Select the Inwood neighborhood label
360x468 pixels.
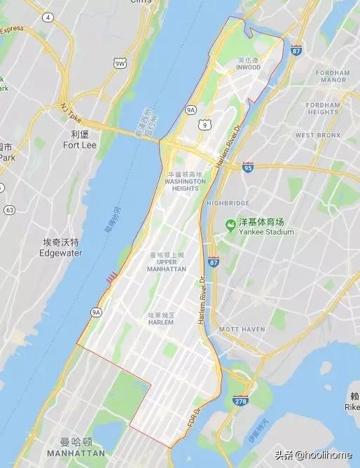click(248, 67)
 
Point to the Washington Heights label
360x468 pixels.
click(185, 181)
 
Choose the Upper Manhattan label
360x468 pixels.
click(167, 266)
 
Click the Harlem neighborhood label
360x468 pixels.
click(160, 322)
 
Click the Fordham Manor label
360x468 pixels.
click(332, 76)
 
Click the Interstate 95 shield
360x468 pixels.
click(248, 167)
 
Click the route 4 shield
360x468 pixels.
click(47, 16)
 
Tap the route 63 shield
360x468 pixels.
click(9, 209)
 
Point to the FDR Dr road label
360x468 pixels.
click(193, 418)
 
